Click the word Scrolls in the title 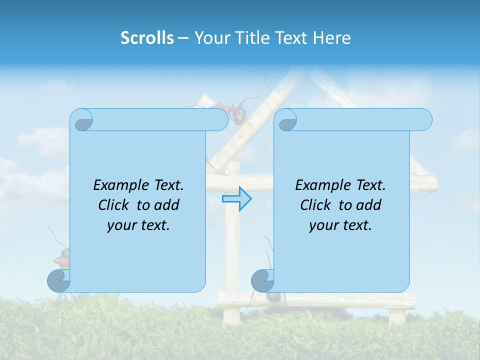click(147, 38)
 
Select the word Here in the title click(332, 38)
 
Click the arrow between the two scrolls click(236, 198)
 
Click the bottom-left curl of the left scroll click(58, 280)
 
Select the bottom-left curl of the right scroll click(262, 280)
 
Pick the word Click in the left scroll click(109, 205)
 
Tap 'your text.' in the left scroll click(138, 225)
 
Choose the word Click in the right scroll click(311, 205)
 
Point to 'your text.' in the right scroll click(340, 225)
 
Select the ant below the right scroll click(272, 296)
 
